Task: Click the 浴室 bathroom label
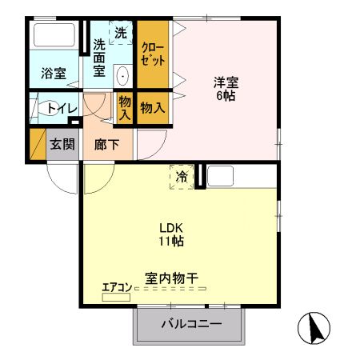click(x=54, y=74)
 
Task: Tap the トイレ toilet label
click(x=62, y=108)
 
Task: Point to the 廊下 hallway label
click(x=106, y=145)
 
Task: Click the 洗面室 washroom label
click(x=99, y=58)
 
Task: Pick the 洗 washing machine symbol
click(x=120, y=34)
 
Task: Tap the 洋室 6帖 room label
click(x=226, y=89)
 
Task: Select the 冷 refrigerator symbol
click(x=182, y=176)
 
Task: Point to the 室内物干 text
click(x=171, y=278)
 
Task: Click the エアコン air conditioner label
click(x=116, y=287)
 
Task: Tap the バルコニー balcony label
click(x=190, y=324)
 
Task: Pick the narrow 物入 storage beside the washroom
click(x=125, y=107)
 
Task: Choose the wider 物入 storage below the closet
click(x=152, y=107)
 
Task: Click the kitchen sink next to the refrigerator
click(x=221, y=175)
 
